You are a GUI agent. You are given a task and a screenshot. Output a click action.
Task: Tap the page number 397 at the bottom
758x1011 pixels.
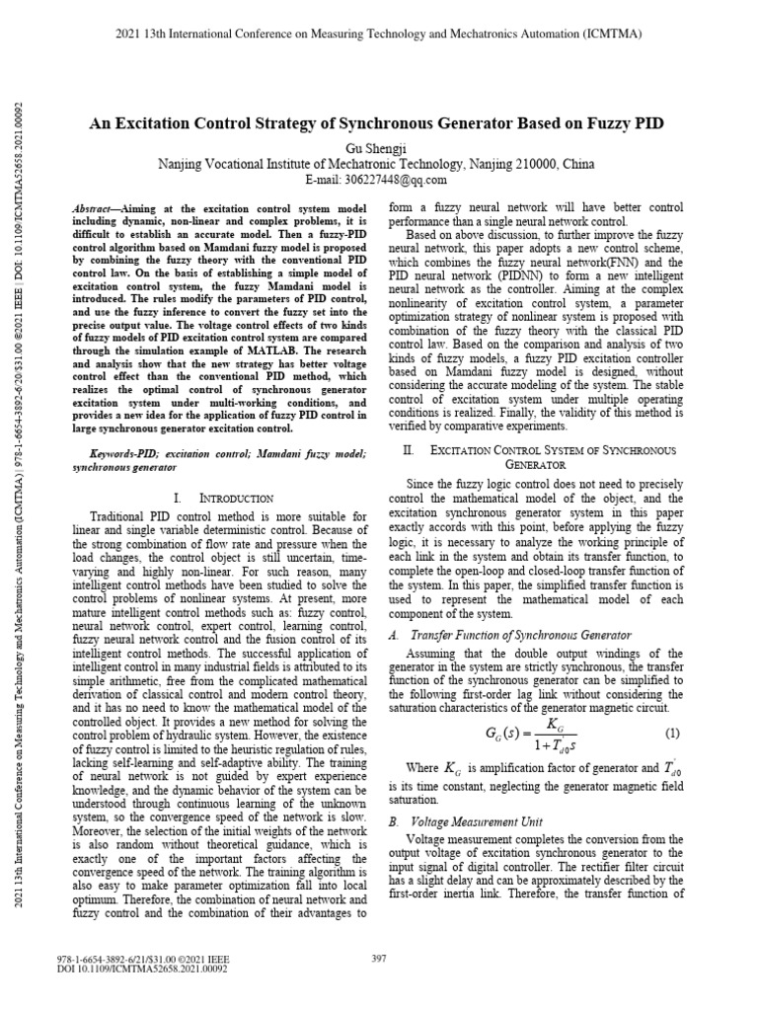[x=379, y=958]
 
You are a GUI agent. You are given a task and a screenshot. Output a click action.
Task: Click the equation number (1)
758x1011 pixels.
[x=672, y=734]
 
